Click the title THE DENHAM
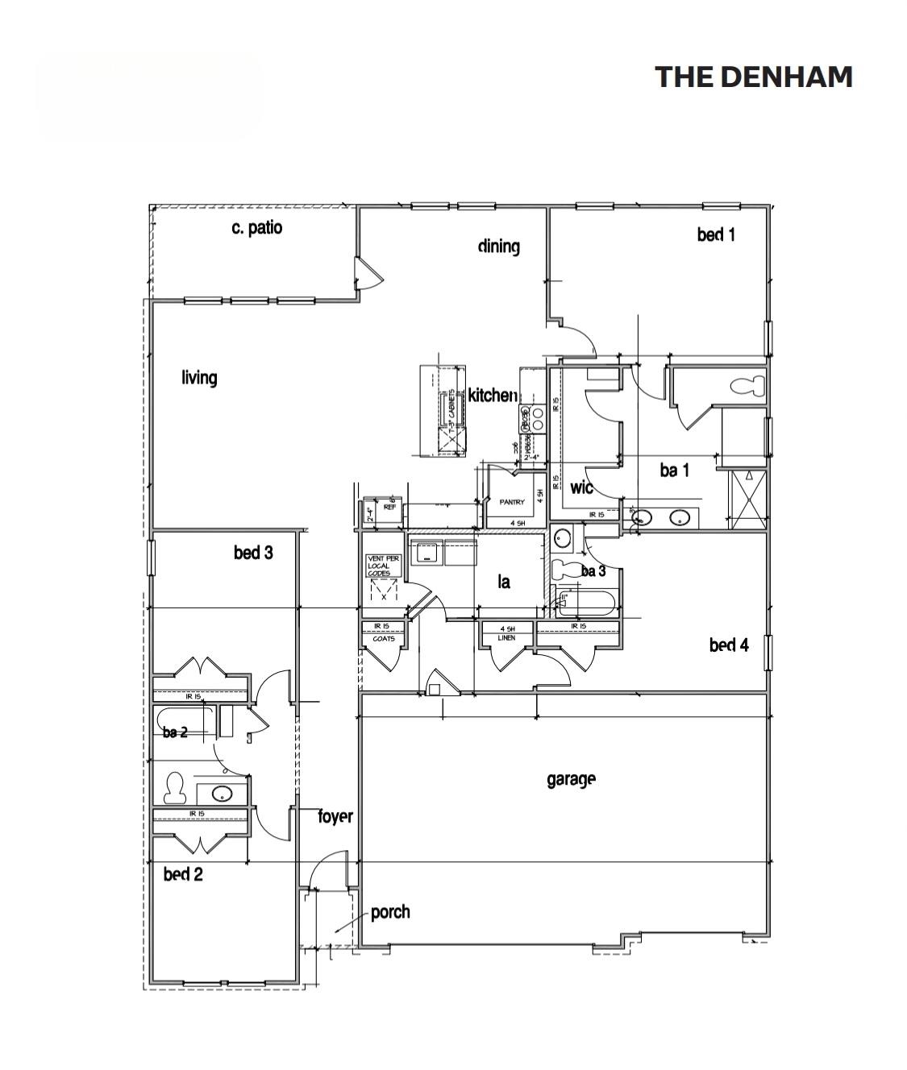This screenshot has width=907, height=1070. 753,77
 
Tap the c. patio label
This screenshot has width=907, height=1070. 256,228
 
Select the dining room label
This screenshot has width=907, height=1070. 498,246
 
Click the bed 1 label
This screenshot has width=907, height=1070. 716,234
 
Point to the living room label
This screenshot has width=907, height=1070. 199,377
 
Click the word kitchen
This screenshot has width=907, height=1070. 492,395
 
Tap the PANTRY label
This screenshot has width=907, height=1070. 511,502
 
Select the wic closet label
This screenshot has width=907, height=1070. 581,487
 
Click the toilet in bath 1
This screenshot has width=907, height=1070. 747,385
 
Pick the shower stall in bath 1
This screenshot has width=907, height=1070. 748,500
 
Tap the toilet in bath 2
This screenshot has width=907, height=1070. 174,788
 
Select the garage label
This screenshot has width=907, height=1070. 571,779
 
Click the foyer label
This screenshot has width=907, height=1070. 335,816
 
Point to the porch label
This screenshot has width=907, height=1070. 390,912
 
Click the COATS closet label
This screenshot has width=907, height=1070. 383,639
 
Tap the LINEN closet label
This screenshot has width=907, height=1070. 506,637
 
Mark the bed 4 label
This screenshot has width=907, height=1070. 729,645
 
